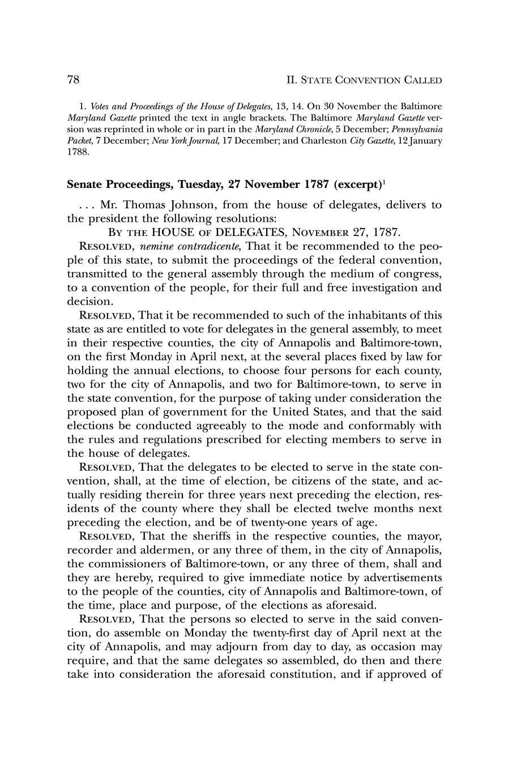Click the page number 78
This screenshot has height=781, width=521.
click(73, 80)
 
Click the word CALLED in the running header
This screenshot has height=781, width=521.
click(422, 80)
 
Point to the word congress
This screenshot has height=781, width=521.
click(413, 274)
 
